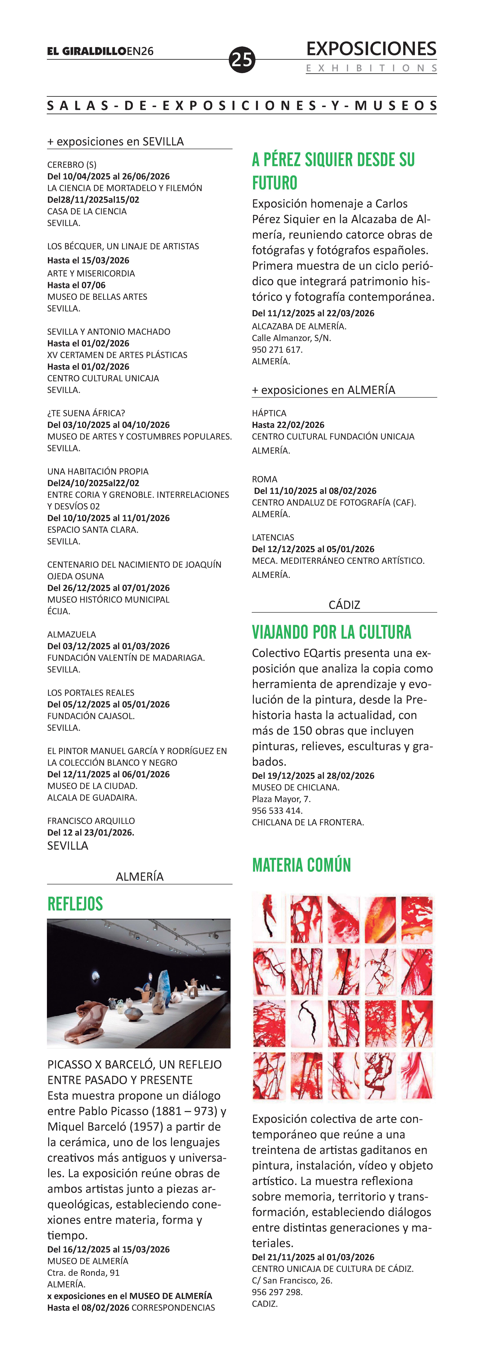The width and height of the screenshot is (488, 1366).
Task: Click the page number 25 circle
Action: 242,59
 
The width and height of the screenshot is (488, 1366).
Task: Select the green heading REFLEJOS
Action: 75,904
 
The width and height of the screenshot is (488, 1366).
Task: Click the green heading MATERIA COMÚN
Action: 301,865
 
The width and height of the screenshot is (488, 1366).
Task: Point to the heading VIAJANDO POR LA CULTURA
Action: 332,632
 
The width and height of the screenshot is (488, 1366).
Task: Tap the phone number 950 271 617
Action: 277,349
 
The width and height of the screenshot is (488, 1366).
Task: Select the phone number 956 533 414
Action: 277,810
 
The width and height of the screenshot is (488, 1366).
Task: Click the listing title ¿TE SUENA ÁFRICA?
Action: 86,413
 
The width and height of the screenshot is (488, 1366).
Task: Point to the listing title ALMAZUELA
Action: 72,634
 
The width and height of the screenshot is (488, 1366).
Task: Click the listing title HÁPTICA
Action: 269,413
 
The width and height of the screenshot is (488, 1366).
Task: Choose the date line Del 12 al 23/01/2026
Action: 91,832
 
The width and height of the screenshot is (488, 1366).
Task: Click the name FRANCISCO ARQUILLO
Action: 91,820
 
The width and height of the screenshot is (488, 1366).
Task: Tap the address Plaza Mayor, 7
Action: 281,799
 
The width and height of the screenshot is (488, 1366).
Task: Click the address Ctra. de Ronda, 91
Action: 83,1273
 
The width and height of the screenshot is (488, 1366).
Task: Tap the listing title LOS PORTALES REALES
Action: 91,693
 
